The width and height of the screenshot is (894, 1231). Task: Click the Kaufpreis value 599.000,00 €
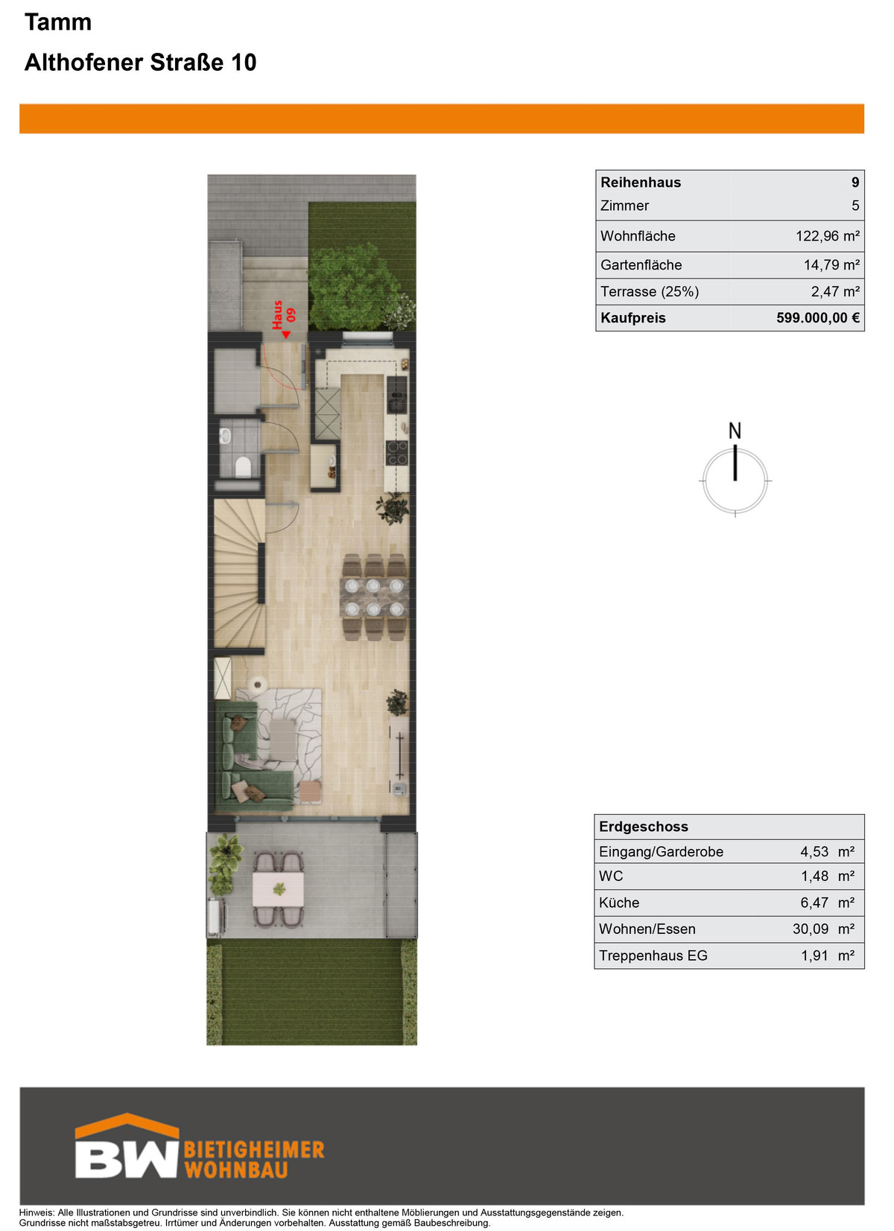tap(817, 318)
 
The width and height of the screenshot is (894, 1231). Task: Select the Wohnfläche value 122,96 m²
tap(828, 236)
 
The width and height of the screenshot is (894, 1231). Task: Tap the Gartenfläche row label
tap(641, 265)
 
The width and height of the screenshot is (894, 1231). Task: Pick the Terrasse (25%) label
tap(650, 291)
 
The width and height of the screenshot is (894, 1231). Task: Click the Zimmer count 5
tap(855, 206)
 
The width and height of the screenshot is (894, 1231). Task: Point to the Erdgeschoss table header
tap(643, 827)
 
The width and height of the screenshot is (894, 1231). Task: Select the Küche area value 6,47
tap(814, 903)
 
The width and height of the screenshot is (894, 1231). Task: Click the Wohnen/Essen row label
tap(647, 929)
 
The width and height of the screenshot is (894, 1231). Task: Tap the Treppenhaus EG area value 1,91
tap(814, 955)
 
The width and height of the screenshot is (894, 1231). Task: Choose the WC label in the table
tap(611, 876)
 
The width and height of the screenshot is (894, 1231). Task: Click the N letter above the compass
tap(735, 430)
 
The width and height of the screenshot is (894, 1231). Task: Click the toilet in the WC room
tap(243, 466)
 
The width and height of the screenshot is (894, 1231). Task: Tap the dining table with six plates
tap(374, 597)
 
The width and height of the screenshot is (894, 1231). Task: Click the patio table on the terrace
tap(278, 889)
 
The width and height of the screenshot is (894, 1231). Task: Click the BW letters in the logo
tap(127, 1160)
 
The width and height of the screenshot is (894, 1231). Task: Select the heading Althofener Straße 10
tap(140, 63)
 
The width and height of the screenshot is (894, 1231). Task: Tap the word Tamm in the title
tap(57, 22)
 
